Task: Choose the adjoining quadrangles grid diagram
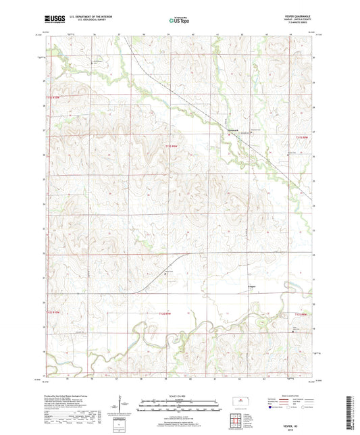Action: [x=236, y=414]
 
